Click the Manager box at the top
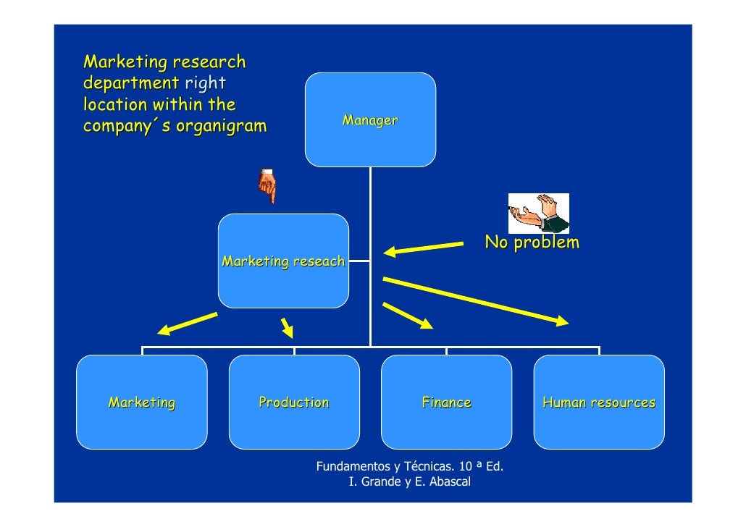[x=370, y=120]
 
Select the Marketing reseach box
[x=283, y=261]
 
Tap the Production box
[x=294, y=402]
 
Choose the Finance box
[x=446, y=402]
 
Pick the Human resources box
[x=599, y=402]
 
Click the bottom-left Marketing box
[x=142, y=402]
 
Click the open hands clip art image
[x=538, y=213]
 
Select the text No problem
[x=532, y=243]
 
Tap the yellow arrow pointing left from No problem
[x=423, y=249]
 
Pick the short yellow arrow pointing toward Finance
[x=407, y=316]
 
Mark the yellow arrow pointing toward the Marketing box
[x=187, y=324]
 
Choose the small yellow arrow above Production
[x=288, y=327]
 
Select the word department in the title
[x=131, y=83]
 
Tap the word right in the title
[x=205, y=83]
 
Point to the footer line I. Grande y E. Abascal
[x=410, y=481]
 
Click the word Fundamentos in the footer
[x=353, y=466]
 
